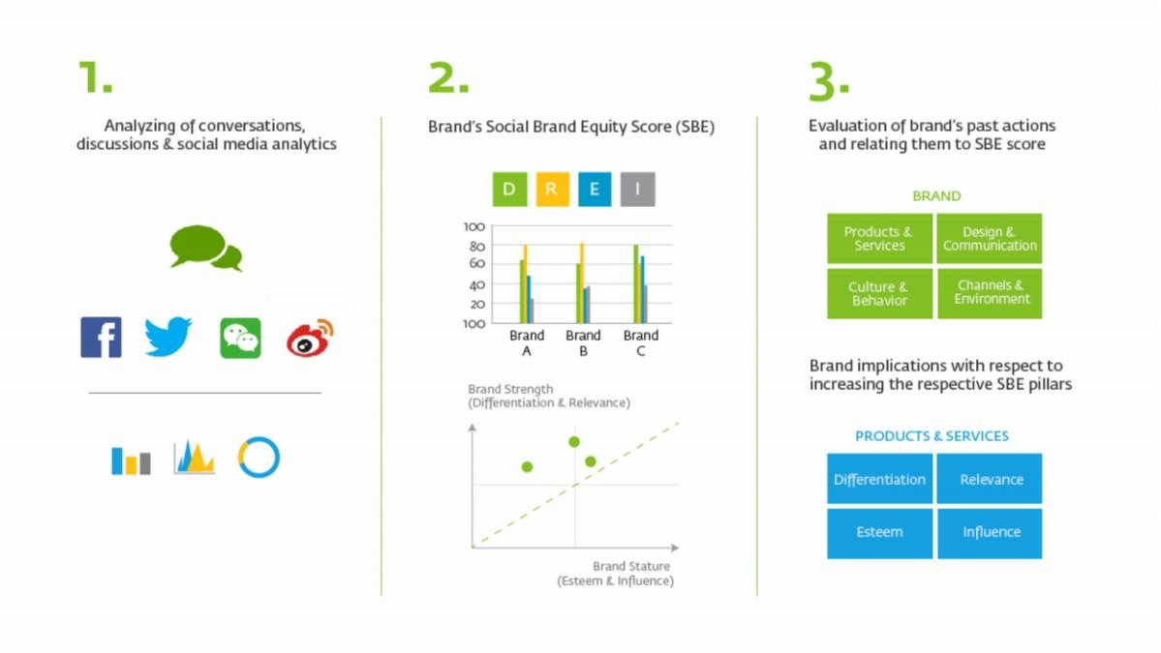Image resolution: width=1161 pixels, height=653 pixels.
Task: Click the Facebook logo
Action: pos(101,338)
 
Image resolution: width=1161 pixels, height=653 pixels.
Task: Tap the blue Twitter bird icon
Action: pos(168,337)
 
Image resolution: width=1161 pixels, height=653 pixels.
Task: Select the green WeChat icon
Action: pos(241,338)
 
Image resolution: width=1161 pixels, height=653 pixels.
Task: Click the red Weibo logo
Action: pos(310,338)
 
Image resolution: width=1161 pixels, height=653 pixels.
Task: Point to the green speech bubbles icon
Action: pos(205,248)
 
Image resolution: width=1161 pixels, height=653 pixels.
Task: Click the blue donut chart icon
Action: pos(259,457)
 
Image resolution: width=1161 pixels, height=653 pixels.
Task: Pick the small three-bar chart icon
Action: pos(131,460)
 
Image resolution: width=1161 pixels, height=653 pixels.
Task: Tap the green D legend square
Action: pos(509,190)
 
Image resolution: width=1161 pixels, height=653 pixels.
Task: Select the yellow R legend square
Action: pos(552,190)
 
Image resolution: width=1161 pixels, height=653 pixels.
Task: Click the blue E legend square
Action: pos(595,190)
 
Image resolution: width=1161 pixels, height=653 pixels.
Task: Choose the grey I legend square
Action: pos(637,190)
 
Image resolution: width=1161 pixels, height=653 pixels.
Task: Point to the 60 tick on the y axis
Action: pos(476,263)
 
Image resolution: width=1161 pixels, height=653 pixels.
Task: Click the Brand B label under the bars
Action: pos(583,343)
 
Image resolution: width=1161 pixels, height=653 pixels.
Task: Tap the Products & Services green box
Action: pos(879,239)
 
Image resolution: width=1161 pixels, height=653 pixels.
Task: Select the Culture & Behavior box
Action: pos(879,293)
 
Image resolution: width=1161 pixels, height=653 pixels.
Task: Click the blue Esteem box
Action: pos(879,532)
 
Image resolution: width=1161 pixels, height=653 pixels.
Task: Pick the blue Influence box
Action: pos(990,532)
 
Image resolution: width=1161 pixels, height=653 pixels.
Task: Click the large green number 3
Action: pos(823,81)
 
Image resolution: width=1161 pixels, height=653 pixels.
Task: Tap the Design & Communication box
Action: pos(990,239)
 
